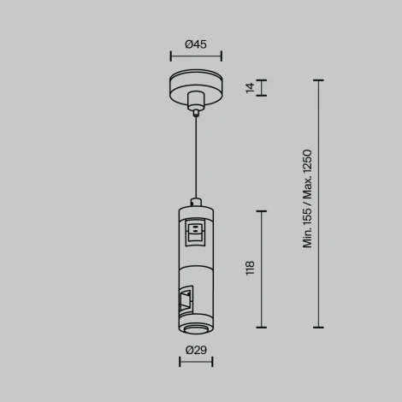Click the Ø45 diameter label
tap(196, 44)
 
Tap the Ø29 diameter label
tap(196, 349)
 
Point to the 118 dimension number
tap(250, 269)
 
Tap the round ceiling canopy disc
tap(196, 89)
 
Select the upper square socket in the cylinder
tap(196, 229)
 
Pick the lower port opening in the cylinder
tap(186, 299)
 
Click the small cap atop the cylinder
tap(196, 203)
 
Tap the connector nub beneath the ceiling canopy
tap(196, 109)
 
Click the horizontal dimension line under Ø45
tap(196, 57)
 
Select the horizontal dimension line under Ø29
tap(196, 362)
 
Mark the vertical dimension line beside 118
tap(262, 269)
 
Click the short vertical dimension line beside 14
tap(262, 87)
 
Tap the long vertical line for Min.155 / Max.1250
tap(319, 204)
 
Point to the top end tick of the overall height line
tap(319, 80)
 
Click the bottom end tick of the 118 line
tap(262, 327)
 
